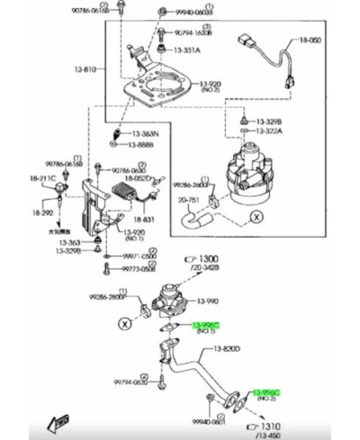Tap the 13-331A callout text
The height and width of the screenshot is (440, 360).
coord(188,50)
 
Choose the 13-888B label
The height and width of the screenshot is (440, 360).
coord(140,144)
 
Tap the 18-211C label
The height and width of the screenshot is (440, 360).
coord(42,180)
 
